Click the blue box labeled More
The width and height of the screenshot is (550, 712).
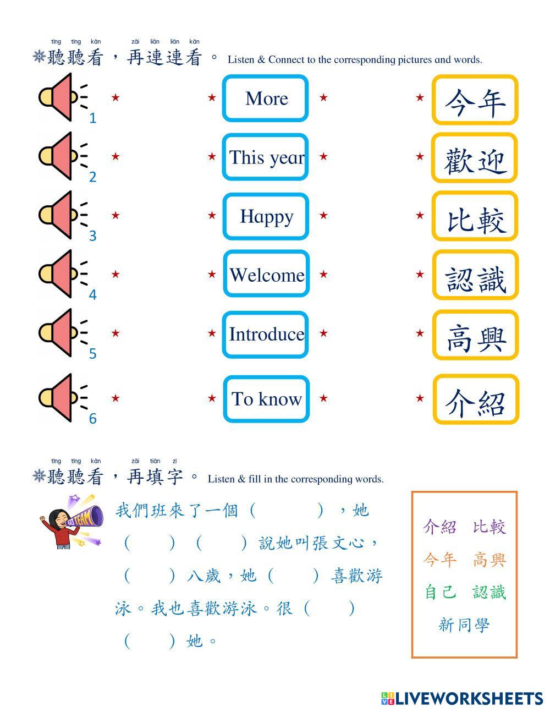[x=266, y=98]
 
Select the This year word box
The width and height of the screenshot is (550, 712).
[x=266, y=157]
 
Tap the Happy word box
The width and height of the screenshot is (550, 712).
[x=266, y=216]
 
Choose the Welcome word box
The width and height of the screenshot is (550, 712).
[x=266, y=275]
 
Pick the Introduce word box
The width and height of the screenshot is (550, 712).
[x=266, y=334]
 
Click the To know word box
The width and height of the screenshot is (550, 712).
[x=266, y=399]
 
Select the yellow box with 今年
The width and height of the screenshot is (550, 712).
[x=475, y=100]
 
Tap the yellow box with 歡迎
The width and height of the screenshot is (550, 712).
[x=475, y=158]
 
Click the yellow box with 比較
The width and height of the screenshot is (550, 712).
[x=475, y=217]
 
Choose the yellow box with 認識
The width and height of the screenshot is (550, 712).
[x=475, y=275]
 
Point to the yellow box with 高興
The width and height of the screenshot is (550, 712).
[x=475, y=335]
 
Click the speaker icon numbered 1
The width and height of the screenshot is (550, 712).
[x=62, y=98]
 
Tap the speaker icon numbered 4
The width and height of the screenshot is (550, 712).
[x=62, y=274]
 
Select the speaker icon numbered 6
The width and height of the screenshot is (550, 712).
[x=62, y=398]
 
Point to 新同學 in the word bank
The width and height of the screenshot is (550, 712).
[x=464, y=625]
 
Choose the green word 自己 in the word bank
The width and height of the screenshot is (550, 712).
[x=441, y=592]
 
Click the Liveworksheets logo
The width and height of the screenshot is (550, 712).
[x=462, y=698]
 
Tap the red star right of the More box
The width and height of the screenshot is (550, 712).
[x=323, y=98]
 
